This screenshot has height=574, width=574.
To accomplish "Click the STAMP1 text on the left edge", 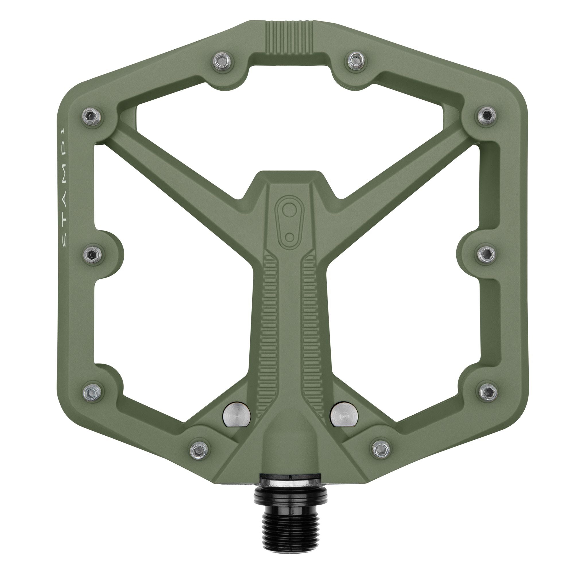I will tap(65, 190).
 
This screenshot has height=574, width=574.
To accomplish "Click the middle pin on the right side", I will tap(487, 253).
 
